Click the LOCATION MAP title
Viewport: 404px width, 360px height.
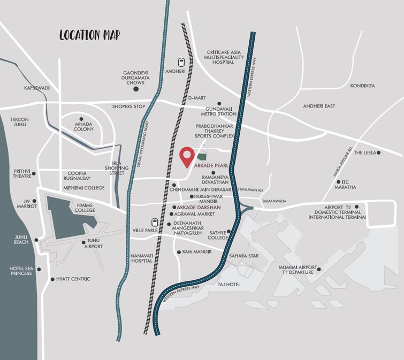[x=89, y=35]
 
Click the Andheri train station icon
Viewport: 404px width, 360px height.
[x=182, y=62]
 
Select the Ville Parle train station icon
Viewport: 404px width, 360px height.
[x=155, y=222]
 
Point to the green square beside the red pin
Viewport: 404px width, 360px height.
[x=202, y=157]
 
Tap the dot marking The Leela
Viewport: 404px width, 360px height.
[x=378, y=153]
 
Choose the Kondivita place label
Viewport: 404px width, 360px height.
[x=362, y=86]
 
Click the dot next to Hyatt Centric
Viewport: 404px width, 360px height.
[x=52, y=279]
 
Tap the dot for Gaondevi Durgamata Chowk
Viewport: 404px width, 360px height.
[x=135, y=89]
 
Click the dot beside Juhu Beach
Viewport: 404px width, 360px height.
[x=36, y=240]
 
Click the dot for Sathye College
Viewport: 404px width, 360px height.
[x=228, y=232]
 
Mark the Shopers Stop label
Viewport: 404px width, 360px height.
[x=128, y=106]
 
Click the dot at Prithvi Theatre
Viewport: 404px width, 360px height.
[x=34, y=174]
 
